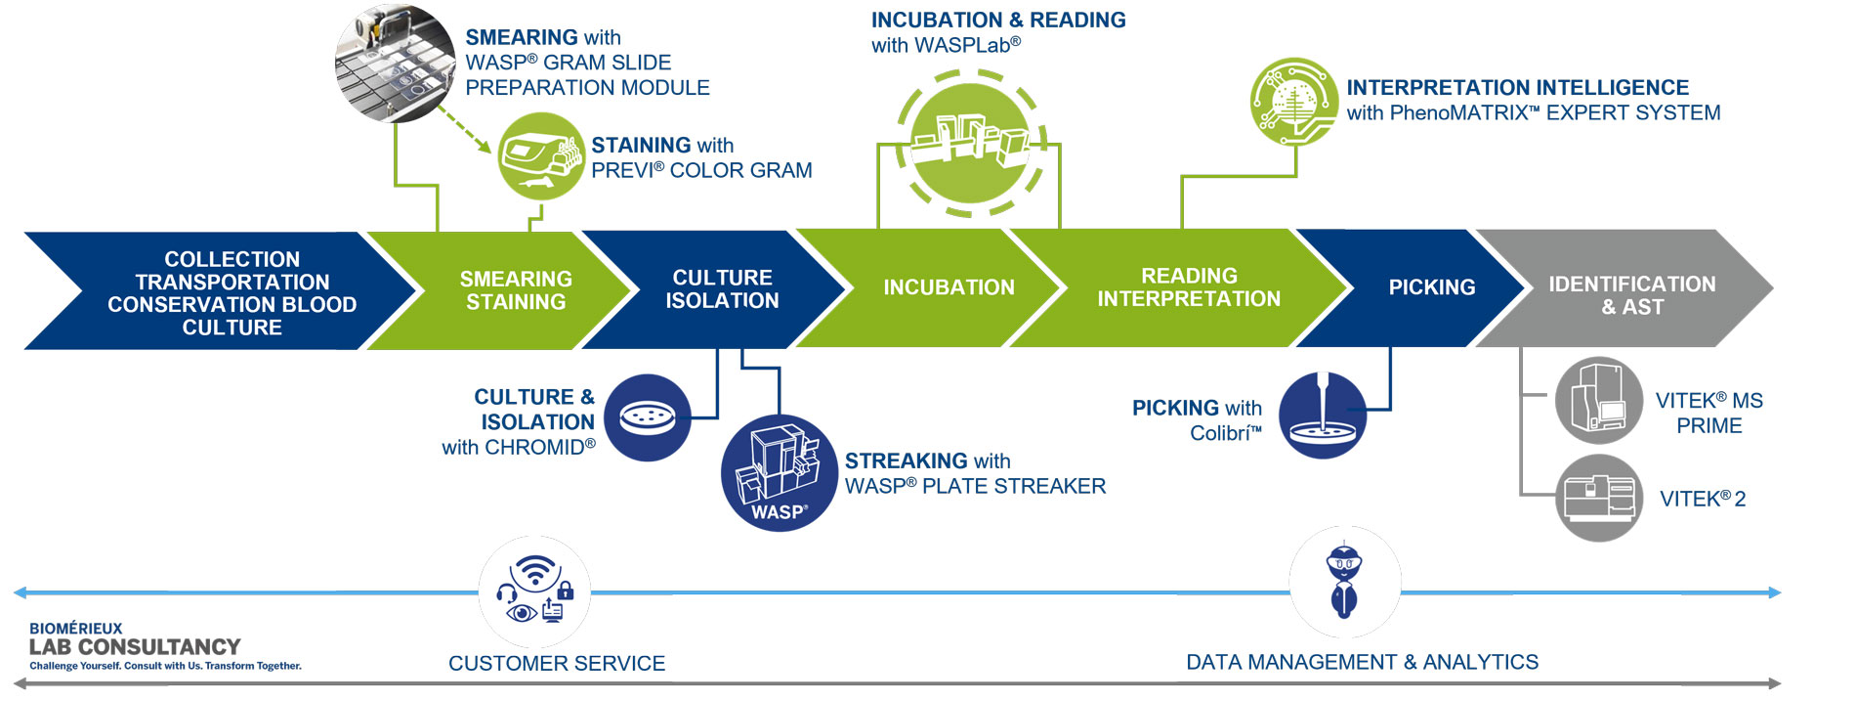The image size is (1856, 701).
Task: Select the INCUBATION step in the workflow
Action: click(x=938, y=287)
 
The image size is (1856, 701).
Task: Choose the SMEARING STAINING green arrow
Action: click(x=508, y=290)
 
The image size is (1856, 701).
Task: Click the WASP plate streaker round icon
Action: click(x=779, y=473)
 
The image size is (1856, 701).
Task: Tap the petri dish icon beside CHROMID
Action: click(x=647, y=417)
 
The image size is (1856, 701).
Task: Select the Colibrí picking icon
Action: click(x=1323, y=416)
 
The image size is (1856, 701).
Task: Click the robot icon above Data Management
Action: click(x=1344, y=582)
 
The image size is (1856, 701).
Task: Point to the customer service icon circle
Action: click(x=534, y=591)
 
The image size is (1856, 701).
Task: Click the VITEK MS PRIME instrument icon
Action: click(x=1599, y=400)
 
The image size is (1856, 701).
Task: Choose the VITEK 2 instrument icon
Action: click(x=1599, y=498)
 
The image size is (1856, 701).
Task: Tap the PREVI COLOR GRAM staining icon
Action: click(x=541, y=156)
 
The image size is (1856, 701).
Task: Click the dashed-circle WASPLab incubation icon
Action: click(x=970, y=143)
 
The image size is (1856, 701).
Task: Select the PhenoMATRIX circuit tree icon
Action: click(x=1294, y=102)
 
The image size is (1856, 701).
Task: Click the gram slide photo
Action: click(x=396, y=64)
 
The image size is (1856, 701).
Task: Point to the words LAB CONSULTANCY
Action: click(x=135, y=647)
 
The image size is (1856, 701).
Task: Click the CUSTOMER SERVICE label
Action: click(x=557, y=663)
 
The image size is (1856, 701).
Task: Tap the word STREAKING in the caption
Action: click(x=907, y=460)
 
